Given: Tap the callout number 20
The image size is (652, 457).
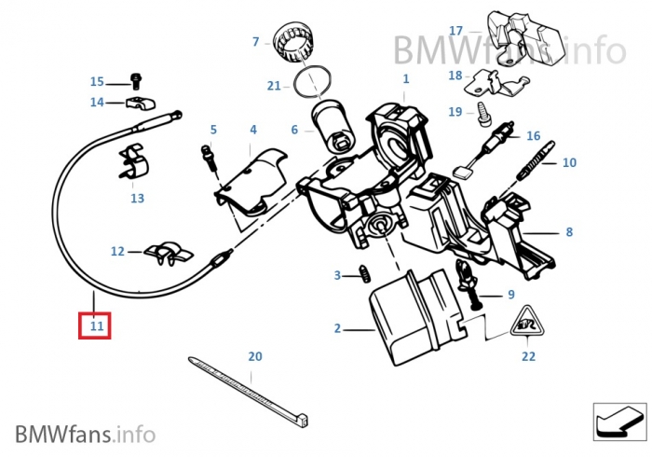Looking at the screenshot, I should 255,356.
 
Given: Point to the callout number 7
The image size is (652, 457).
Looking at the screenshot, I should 255,41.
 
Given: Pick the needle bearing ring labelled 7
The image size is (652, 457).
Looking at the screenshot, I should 300,42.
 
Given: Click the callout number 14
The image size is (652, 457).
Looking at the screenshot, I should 97,102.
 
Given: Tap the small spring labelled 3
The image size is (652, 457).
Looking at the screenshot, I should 366,275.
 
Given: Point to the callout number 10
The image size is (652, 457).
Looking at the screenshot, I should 568,162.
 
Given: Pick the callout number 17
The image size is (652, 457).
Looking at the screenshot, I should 455,31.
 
